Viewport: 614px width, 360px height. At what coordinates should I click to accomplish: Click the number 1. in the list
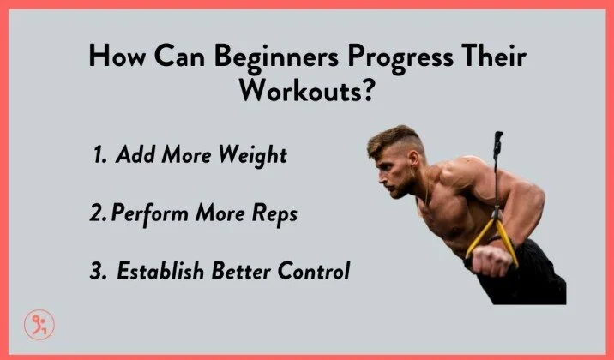100,156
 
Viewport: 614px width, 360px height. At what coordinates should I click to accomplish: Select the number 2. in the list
97,214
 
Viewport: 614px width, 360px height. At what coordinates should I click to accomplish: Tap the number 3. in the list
99,273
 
